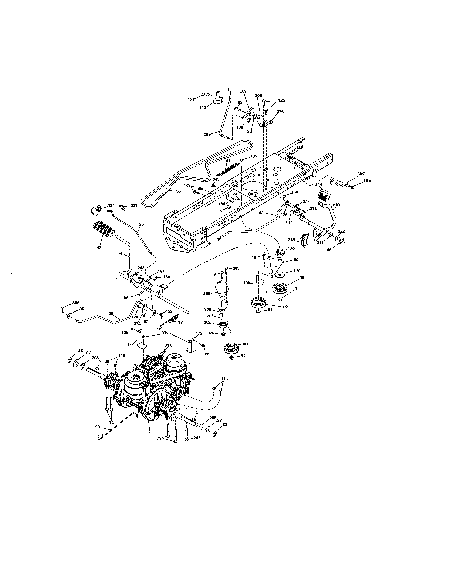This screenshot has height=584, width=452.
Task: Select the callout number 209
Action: pyautogui.click(x=207, y=134)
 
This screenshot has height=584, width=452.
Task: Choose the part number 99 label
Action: pyautogui.click(x=97, y=427)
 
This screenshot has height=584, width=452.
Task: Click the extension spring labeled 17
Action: pyautogui.click(x=174, y=319)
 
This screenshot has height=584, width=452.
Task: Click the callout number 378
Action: pyautogui.click(x=168, y=346)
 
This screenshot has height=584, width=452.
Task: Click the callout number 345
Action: pyautogui.click(x=216, y=179)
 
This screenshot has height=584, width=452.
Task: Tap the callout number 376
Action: pyautogui.click(x=280, y=112)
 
